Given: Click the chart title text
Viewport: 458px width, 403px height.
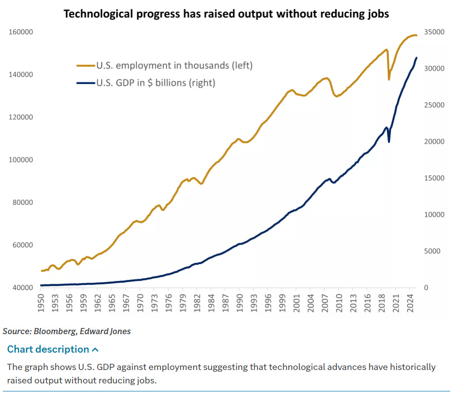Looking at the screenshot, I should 226,13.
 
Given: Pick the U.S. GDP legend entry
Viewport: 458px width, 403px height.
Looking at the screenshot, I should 155,83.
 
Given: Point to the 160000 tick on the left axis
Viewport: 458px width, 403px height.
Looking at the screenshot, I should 21,32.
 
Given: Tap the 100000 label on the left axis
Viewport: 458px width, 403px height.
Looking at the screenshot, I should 21,160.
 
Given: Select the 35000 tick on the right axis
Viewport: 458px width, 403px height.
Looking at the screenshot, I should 433,32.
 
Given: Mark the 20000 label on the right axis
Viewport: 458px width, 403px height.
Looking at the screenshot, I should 433,142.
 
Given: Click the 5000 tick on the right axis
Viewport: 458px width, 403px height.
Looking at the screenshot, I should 432,251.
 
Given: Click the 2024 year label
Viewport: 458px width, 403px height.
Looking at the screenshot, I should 410,306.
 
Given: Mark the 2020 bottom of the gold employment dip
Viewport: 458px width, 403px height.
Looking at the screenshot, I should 389,79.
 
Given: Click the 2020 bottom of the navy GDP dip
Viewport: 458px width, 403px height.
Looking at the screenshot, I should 389,142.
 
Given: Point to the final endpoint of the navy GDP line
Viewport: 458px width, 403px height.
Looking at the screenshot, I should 416,58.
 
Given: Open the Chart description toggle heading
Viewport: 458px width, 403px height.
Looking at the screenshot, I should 48,349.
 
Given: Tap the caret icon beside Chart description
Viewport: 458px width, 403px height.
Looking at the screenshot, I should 95,350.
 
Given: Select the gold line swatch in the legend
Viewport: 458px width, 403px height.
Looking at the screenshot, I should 85,65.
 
